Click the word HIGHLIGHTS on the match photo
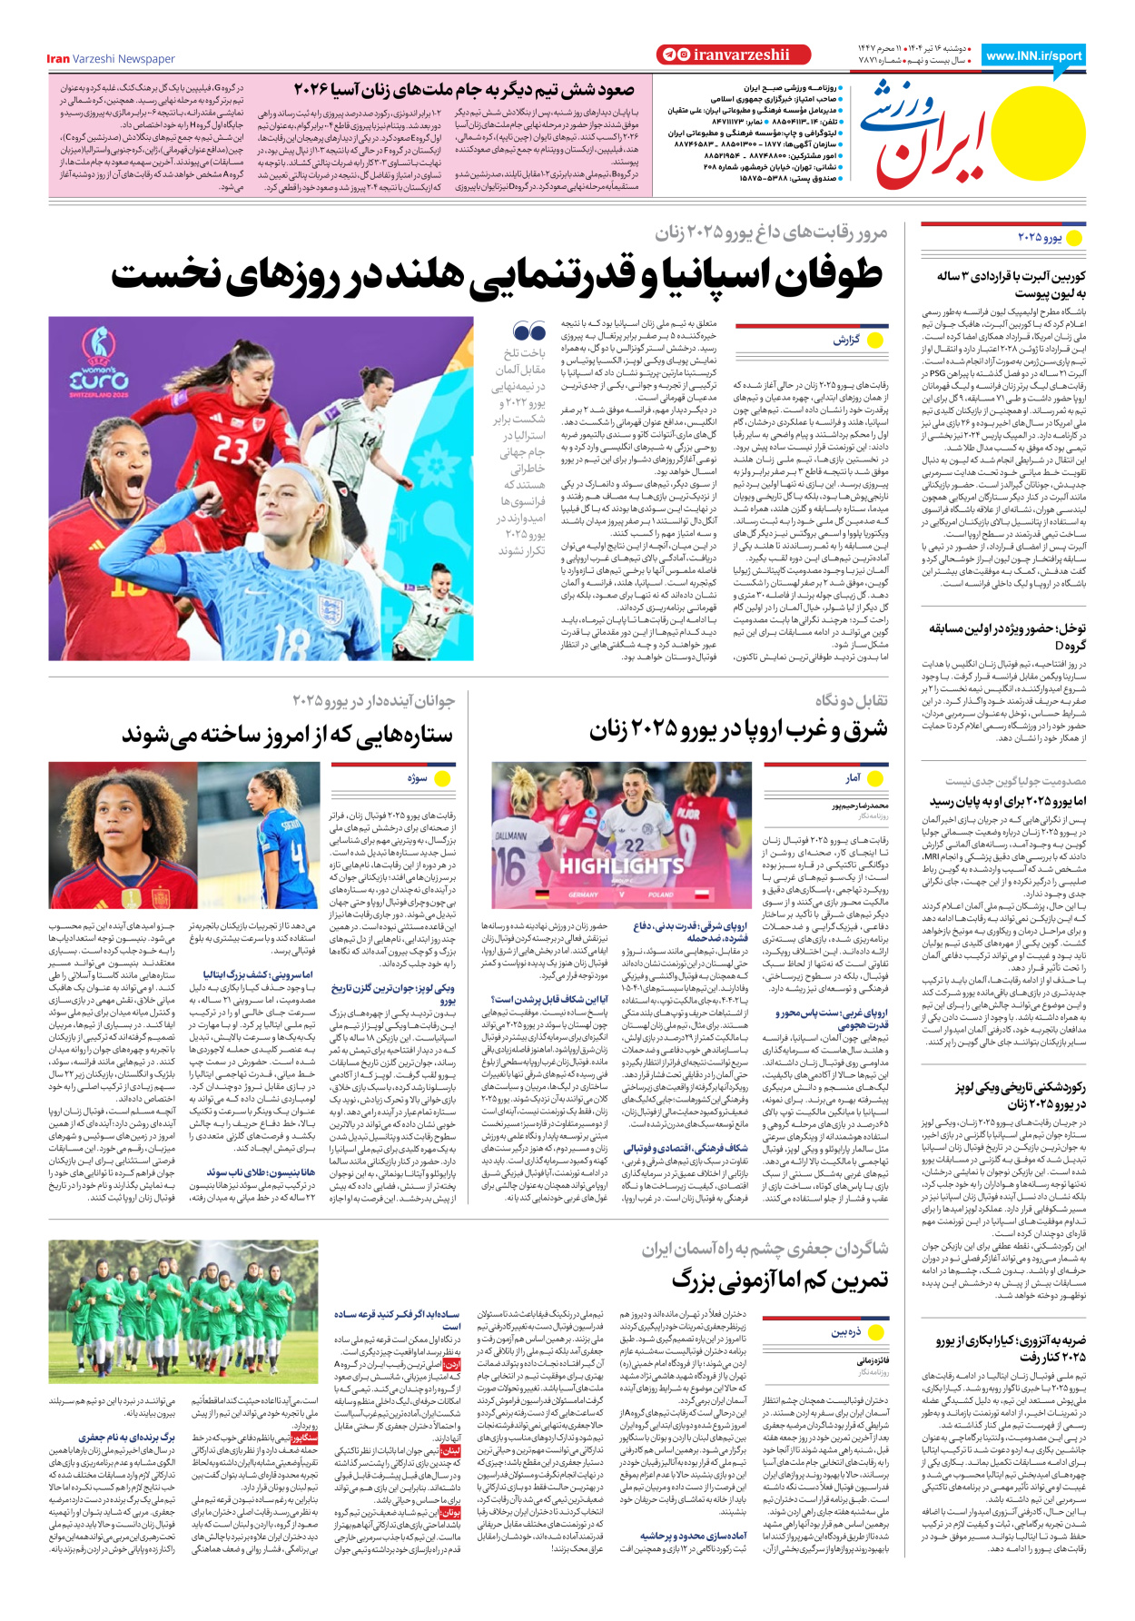[x=622, y=865]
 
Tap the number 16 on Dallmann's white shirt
[x=511, y=864]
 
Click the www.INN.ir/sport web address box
[x=1033, y=56]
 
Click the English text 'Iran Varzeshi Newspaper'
[x=111, y=59]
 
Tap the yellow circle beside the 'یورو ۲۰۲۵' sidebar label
[x=1074, y=238]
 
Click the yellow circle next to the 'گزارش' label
[x=875, y=340]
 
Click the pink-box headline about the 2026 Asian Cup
[x=463, y=90]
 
